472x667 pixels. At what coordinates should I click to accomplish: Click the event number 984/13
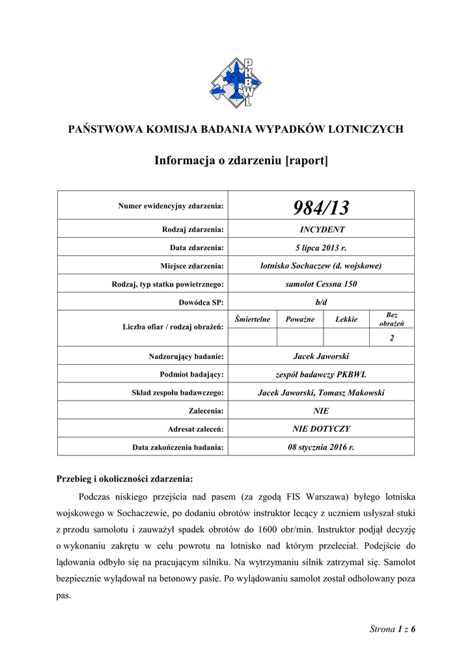pyautogui.click(x=322, y=208)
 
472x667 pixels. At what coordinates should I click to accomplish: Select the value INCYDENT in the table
pyautogui.click(x=322, y=229)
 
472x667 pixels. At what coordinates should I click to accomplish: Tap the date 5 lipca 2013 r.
pyautogui.click(x=322, y=248)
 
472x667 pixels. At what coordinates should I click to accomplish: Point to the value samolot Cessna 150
pyautogui.click(x=322, y=284)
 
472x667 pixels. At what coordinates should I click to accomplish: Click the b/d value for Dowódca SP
pyautogui.click(x=322, y=302)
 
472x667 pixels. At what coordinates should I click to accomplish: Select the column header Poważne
pyautogui.click(x=299, y=319)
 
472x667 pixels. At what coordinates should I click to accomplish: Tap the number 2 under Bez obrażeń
pyautogui.click(x=392, y=337)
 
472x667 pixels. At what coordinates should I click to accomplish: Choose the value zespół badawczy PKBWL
pyautogui.click(x=322, y=375)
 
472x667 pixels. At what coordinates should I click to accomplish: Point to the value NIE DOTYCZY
pyautogui.click(x=322, y=429)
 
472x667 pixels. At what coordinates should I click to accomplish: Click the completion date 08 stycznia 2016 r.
pyautogui.click(x=322, y=447)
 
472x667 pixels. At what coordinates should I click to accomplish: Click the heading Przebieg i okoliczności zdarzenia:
pyautogui.click(x=125, y=479)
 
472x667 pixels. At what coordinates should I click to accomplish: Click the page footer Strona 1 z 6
pyautogui.click(x=392, y=629)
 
